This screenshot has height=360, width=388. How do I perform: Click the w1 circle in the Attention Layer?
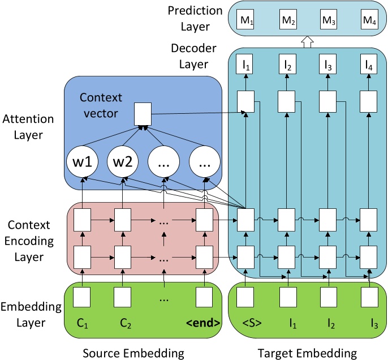(x=83, y=164)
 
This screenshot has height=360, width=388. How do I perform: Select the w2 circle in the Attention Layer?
(x=123, y=164)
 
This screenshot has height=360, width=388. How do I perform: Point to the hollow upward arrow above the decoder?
(x=307, y=41)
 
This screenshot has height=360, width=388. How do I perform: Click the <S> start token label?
(x=245, y=324)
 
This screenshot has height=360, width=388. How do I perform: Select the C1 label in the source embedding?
(x=83, y=324)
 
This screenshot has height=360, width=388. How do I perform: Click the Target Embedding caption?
(x=307, y=353)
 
